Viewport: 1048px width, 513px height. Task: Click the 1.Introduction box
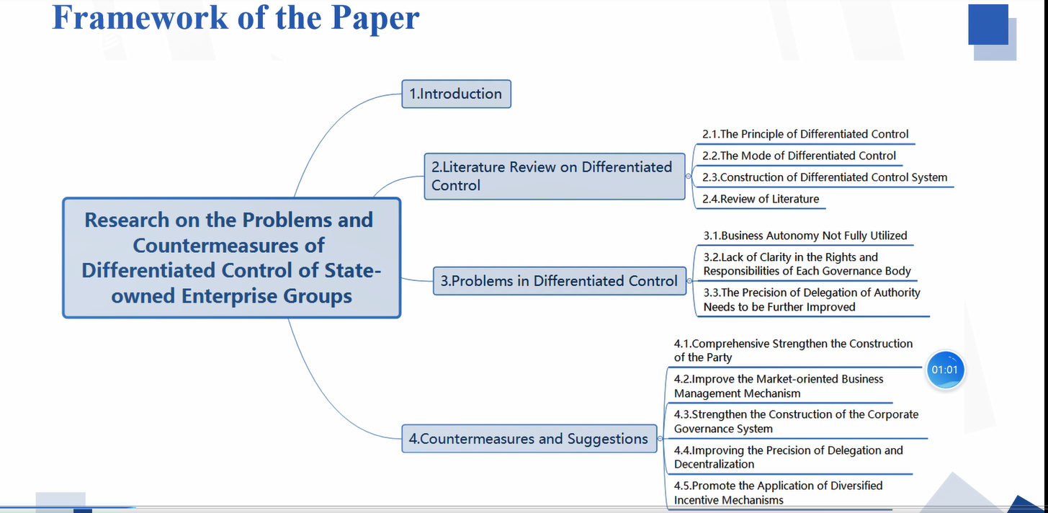(456, 94)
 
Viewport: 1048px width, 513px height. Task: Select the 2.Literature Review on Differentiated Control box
(555, 176)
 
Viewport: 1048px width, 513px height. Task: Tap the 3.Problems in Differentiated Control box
(560, 281)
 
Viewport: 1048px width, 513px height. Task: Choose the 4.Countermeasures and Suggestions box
(529, 439)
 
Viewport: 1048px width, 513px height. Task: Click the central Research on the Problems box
(232, 258)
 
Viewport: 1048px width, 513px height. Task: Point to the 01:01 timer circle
(944, 370)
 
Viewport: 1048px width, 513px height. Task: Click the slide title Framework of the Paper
(236, 18)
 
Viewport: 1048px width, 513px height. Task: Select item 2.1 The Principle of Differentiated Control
(805, 134)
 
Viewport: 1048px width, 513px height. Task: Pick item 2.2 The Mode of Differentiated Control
(799, 156)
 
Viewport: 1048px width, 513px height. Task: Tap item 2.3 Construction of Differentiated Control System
(825, 177)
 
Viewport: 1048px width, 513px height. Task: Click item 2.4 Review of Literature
(761, 199)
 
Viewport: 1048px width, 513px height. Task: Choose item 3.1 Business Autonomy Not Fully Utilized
(805, 236)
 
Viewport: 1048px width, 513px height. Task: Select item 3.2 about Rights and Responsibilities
(807, 264)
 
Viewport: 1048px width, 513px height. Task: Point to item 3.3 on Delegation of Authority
(812, 300)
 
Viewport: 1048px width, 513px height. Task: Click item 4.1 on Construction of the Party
(793, 350)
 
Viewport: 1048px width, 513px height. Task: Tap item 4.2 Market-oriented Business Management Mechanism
(779, 386)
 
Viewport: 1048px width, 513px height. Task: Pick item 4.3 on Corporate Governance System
(796, 421)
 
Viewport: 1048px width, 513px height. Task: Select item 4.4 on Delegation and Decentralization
(788, 457)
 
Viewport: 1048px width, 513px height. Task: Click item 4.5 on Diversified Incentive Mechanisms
(778, 493)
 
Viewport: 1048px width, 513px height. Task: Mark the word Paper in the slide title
(375, 19)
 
